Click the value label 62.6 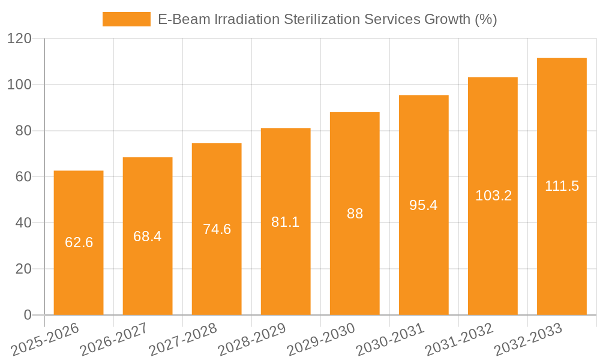(79, 242)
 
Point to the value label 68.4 (148, 236)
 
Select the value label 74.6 (217, 229)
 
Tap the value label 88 (355, 214)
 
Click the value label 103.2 (493, 196)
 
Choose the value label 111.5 (562, 186)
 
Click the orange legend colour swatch (127, 19)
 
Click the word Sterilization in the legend (320, 19)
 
